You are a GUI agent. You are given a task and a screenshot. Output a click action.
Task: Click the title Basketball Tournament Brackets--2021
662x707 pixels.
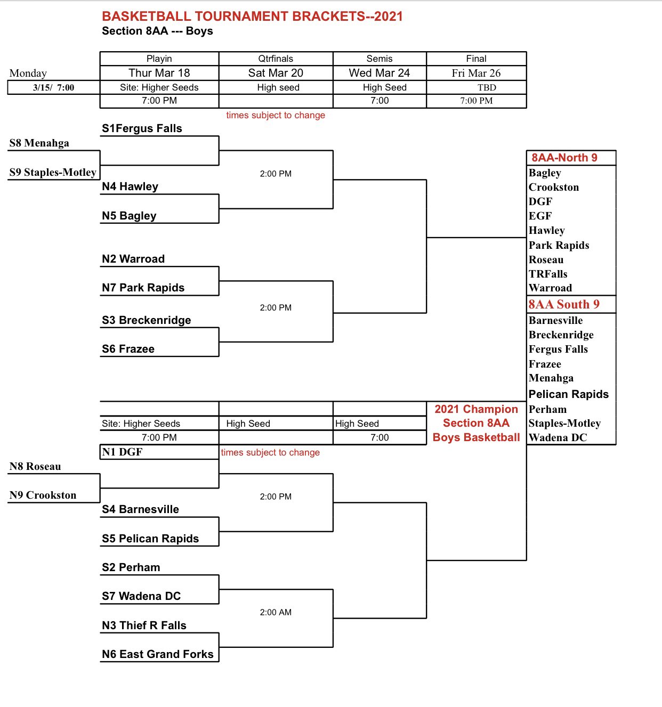pyautogui.click(x=252, y=17)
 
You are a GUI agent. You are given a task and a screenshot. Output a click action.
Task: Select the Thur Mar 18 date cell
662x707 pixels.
pyautogui.click(x=159, y=73)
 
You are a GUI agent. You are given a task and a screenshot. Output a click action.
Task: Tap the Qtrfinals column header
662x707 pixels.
pyautogui.click(x=276, y=59)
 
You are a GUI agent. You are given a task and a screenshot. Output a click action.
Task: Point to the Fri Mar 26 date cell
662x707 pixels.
pyautogui.click(x=476, y=73)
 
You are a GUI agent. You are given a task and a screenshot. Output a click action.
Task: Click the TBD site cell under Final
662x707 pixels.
pyautogui.click(x=487, y=87)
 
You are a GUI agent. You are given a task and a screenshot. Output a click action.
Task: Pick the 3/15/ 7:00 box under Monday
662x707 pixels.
pyautogui.click(x=53, y=87)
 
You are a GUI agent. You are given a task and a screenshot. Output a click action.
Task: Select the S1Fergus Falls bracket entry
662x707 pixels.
pyautogui.click(x=142, y=128)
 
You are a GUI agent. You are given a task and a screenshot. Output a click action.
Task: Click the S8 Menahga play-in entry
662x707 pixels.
pyautogui.click(x=39, y=143)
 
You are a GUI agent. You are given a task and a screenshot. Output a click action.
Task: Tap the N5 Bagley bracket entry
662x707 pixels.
pyautogui.click(x=129, y=216)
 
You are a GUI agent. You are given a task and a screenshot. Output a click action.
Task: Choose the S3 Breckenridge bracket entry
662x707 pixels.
pyautogui.click(x=146, y=320)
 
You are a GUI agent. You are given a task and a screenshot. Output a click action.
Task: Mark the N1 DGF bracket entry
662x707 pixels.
pyautogui.click(x=123, y=452)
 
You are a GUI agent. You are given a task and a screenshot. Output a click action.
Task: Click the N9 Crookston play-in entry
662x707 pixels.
pyautogui.click(x=43, y=495)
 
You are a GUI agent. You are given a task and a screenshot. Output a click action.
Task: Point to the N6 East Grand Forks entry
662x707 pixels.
pyautogui.click(x=157, y=654)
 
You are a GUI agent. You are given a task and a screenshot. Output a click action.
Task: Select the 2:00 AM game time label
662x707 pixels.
pyautogui.click(x=276, y=612)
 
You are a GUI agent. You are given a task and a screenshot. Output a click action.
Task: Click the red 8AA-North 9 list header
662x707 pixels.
pyautogui.click(x=564, y=158)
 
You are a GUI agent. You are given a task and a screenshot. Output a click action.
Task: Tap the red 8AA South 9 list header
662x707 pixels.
pyautogui.click(x=564, y=304)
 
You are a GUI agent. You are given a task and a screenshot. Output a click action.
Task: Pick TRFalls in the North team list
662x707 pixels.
pyautogui.click(x=548, y=274)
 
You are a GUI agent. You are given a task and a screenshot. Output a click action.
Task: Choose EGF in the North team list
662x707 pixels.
pyautogui.click(x=540, y=216)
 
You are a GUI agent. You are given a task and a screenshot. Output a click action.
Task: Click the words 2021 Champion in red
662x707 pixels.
pyautogui.click(x=476, y=409)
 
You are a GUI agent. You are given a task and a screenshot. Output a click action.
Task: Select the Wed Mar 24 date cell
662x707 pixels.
pyautogui.click(x=379, y=73)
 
